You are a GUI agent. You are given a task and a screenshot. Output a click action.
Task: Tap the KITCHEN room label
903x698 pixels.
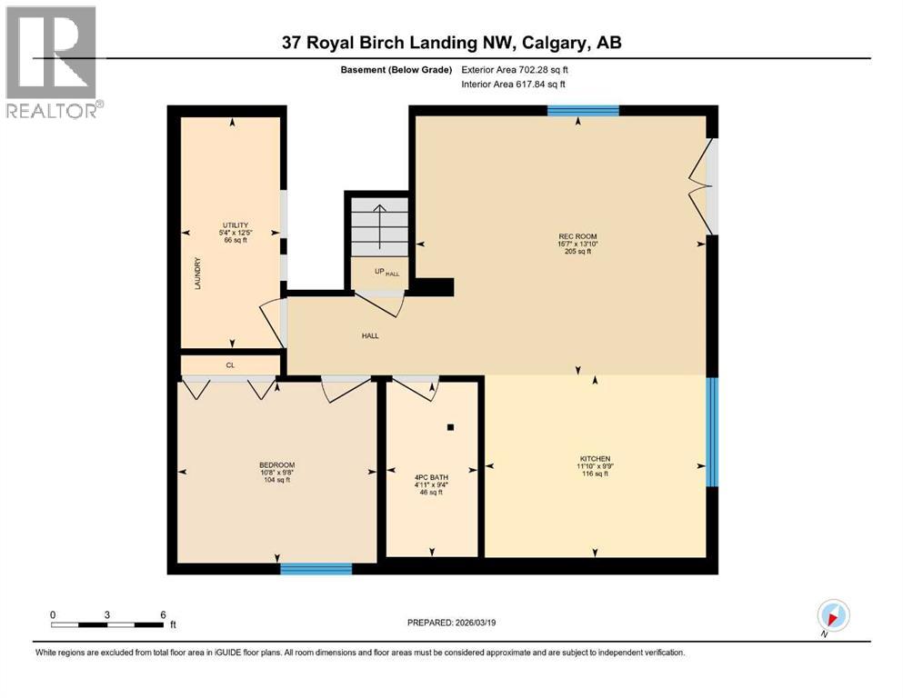595,458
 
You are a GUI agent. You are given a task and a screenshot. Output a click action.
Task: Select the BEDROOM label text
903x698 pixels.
276,465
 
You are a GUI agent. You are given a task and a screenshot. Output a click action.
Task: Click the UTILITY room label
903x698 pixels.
236,224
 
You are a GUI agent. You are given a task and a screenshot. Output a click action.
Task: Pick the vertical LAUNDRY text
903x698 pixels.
196,273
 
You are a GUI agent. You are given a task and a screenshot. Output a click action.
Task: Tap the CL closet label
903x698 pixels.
230,365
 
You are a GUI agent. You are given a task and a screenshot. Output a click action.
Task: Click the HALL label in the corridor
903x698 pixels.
369,335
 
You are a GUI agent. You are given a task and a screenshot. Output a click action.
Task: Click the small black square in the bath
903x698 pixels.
450,426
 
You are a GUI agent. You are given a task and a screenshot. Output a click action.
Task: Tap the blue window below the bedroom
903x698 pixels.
316,569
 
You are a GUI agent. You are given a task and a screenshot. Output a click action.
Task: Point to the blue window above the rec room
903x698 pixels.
583,111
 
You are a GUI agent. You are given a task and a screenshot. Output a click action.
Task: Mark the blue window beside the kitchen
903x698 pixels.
712,432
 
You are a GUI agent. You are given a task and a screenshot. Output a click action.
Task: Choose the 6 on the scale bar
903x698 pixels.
162,614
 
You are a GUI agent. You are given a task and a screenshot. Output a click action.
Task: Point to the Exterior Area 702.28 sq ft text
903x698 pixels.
518,69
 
